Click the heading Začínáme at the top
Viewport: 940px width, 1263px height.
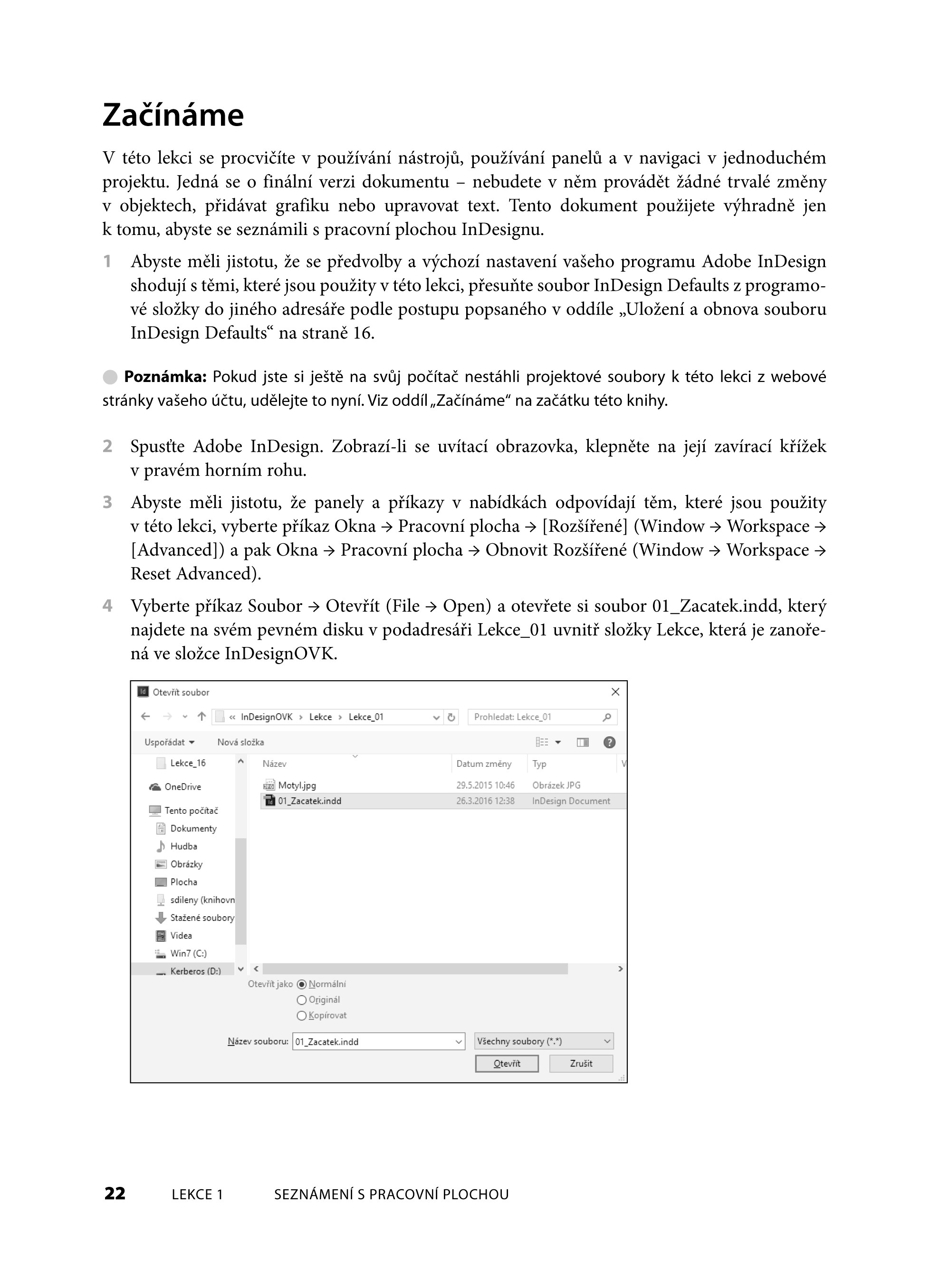coord(173,115)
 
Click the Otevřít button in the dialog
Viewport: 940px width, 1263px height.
coord(507,1063)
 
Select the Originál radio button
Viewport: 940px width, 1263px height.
coord(302,1000)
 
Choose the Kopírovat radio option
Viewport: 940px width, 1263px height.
coord(302,1016)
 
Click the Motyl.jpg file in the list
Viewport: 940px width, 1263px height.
coord(297,785)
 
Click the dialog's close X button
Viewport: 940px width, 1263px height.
coord(615,692)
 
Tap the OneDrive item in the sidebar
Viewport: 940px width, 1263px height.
coord(182,787)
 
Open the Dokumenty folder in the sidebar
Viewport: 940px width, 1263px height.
coord(193,829)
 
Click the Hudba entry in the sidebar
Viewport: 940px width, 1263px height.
coord(183,846)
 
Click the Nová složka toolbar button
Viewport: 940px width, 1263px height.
coord(240,742)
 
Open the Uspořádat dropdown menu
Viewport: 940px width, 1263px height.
coord(169,742)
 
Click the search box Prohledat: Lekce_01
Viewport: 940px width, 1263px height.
coord(535,717)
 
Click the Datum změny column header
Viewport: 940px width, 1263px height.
coord(484,764)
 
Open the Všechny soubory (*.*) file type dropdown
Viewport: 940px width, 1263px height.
coord(543,1041)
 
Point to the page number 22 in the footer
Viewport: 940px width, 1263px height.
coord(115,1194)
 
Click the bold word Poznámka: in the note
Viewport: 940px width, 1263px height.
coord(165,377)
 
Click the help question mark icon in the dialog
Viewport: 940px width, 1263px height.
coord(609,742)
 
